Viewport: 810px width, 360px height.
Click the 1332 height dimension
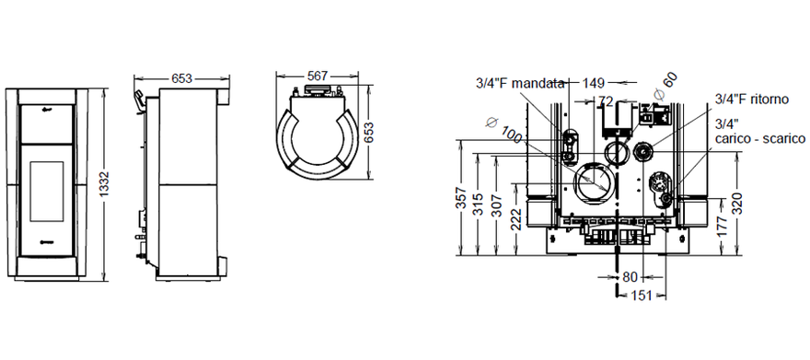(x=104, y=183)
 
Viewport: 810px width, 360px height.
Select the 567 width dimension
(x=317, y=75)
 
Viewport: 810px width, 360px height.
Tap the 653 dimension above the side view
(x=182, y=78)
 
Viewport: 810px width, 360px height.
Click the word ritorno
(x=769, y=99)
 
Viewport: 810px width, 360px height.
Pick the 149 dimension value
(x=593, y=82)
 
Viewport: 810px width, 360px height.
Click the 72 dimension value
(x=606, y=102)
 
